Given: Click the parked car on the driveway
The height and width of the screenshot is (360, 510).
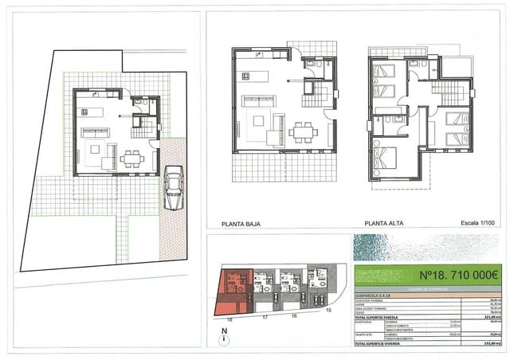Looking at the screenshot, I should [x=172, y=188].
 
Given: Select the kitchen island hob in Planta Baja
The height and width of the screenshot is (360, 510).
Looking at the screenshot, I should [x=245, y=76].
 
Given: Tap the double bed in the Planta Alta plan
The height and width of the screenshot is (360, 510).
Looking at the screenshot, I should [x=386, y=156].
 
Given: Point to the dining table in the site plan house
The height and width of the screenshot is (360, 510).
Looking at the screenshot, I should [x=132, y=158].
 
